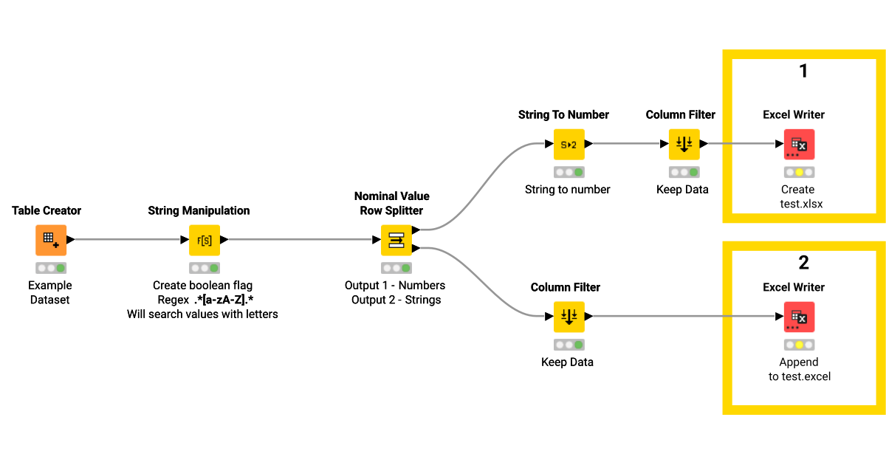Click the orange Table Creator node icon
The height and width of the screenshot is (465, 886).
(50, 240)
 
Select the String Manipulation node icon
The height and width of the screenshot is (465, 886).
(205, 240)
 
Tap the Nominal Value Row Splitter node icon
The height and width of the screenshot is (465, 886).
(396, 240)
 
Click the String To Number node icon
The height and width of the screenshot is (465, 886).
(569, 145)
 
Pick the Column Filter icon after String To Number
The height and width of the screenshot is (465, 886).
(684, 145)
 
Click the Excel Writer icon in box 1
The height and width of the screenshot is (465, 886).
(799, 145)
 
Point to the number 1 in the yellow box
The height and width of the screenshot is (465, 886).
(803, 71)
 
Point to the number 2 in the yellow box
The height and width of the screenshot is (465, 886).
(803, 262)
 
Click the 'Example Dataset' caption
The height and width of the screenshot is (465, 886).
(50, 292)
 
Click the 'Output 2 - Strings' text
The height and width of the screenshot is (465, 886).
(396, 300)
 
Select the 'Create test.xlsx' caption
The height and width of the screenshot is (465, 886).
(799, 196)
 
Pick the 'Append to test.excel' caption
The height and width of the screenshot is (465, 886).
(799, 369)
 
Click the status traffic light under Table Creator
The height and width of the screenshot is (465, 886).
(50, 268)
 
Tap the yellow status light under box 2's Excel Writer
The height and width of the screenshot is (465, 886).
(799, 345)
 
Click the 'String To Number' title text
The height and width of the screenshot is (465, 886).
(563, 114)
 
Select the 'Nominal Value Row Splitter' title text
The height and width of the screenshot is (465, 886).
(391, 203)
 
